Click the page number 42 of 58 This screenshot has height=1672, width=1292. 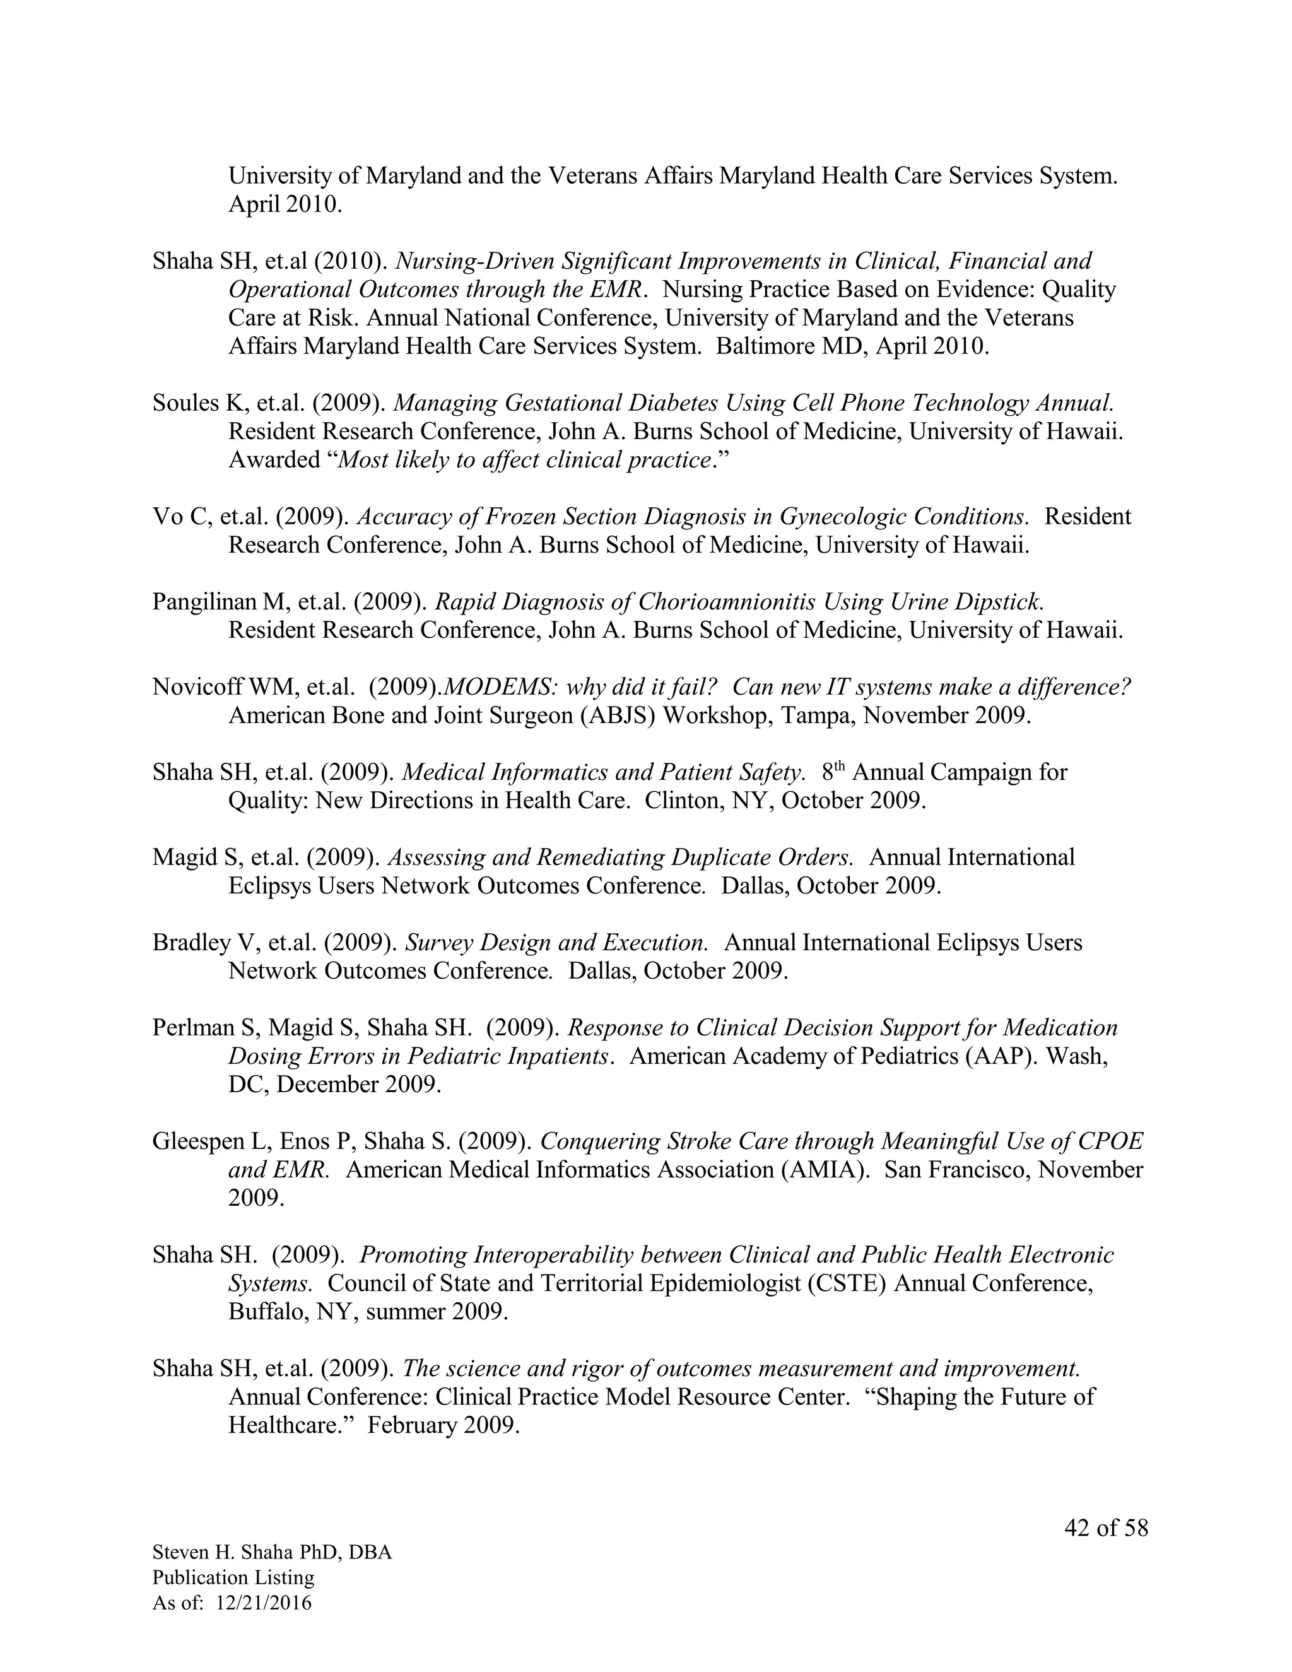1106,1528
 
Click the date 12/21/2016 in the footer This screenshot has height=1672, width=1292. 264,1603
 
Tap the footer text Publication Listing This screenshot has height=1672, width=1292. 233,1578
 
